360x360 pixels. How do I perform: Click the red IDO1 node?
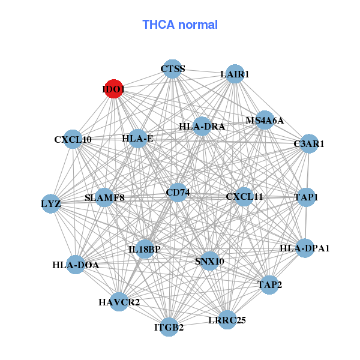click(113, 89)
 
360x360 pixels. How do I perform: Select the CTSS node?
click(172, 68)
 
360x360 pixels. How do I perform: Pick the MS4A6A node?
click(265, 120)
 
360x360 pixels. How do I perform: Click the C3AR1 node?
click(308, 144)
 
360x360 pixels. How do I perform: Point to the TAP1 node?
click(306, 197)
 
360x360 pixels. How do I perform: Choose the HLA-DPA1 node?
click(305, 248)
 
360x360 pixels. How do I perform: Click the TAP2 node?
click(269, 284)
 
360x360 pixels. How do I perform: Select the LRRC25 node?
click(227, 320)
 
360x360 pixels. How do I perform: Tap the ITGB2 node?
click(169, 327)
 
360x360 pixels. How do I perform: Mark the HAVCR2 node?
click(119, 302)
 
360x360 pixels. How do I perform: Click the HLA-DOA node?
click(75, 265)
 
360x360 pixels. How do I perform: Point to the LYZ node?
click(51, 203)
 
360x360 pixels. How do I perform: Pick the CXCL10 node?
click(73, 139)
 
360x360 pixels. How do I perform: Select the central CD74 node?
click(178, 193)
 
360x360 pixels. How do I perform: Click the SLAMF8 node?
click(104, 197)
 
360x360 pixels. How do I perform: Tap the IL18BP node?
click(145, 249)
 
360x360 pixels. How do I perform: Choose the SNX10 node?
click(209, 261)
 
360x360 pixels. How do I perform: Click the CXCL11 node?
click(244, 196)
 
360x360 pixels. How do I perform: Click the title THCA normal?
click(179, 25)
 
